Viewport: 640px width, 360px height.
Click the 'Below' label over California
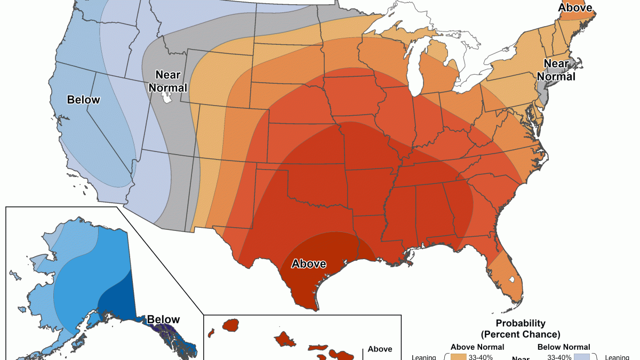83,100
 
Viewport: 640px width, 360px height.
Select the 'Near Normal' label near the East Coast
559,70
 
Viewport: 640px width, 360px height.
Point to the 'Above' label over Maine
575,7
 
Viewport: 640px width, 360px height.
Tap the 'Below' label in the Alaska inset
163,320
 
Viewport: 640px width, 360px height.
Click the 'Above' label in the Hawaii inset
380,349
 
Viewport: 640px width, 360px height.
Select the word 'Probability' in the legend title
521,323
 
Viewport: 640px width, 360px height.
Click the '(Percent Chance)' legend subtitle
521,334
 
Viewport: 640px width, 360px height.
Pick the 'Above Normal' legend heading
477,347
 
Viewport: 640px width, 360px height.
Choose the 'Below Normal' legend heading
564,347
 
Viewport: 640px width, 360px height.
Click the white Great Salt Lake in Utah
167,98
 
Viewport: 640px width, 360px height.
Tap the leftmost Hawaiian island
231,324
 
